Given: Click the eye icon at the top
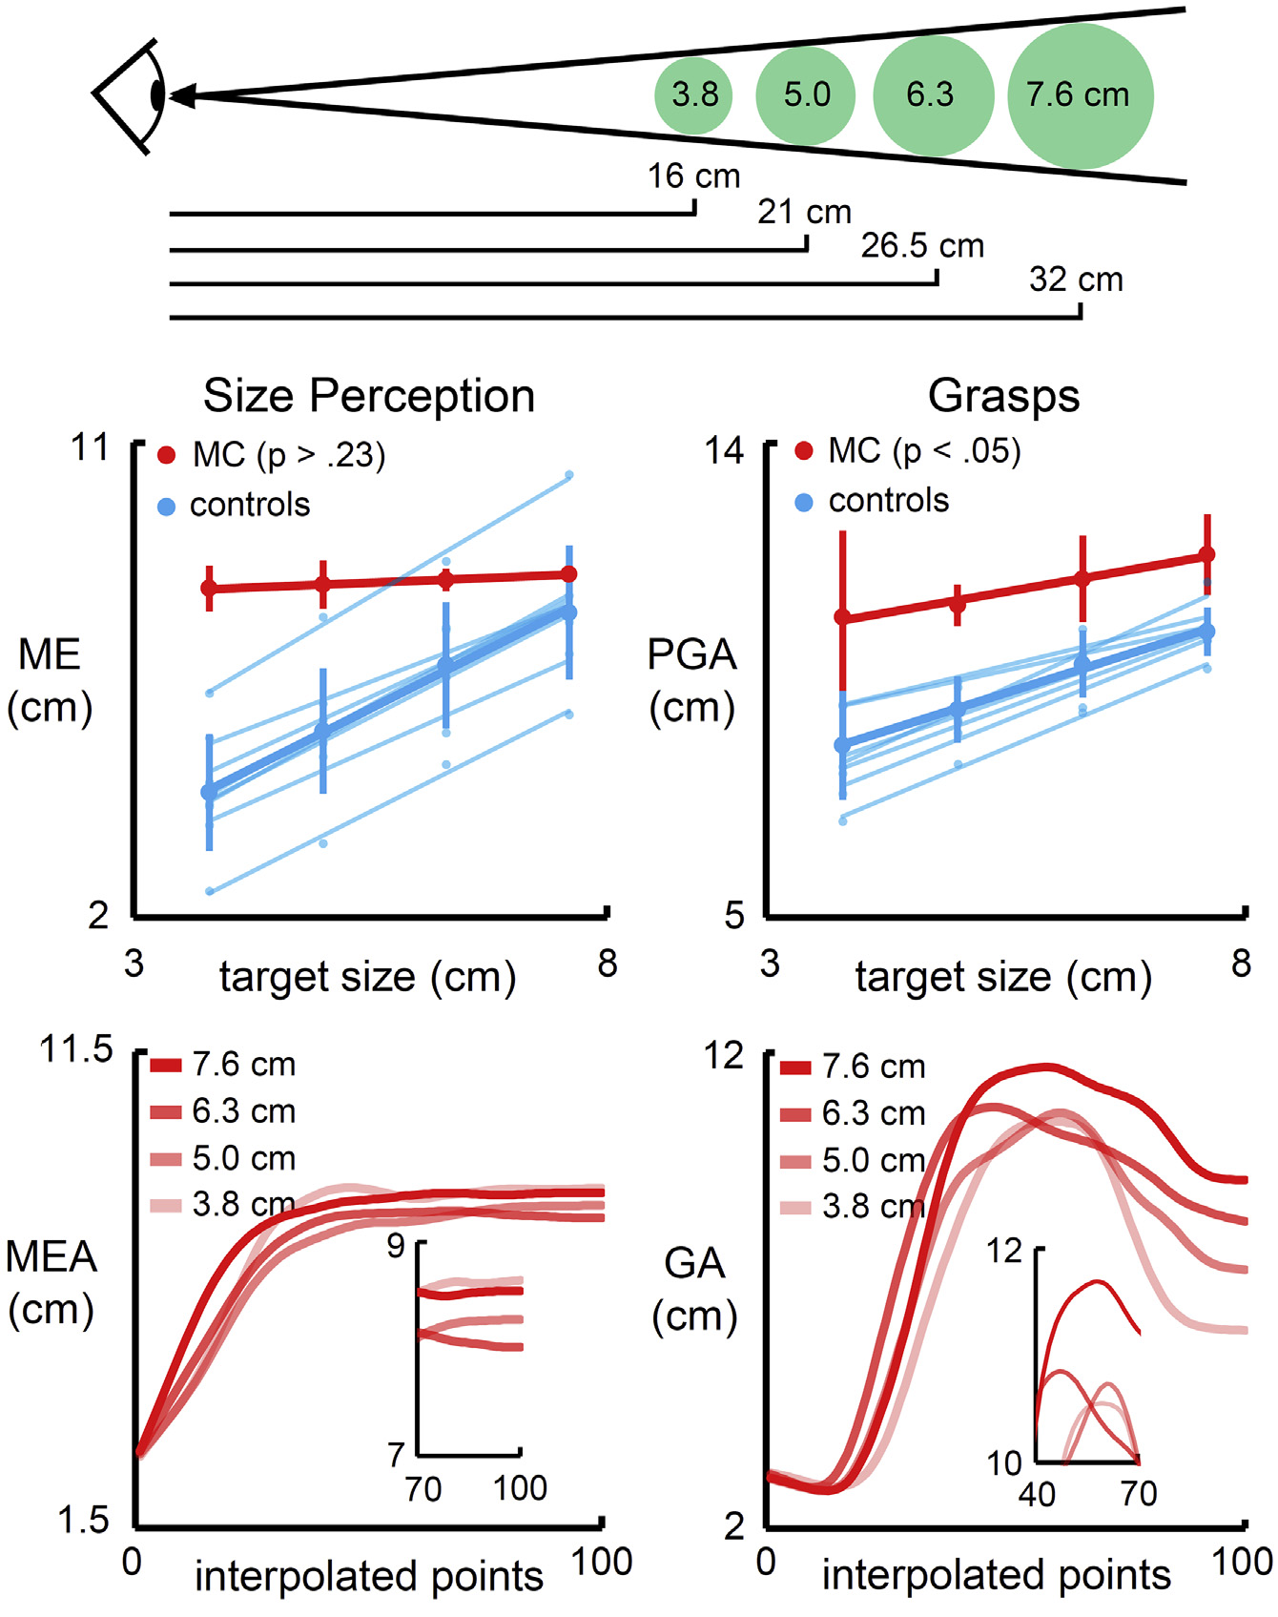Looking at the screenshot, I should (133, 94).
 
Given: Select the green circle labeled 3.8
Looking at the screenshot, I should (693, 95).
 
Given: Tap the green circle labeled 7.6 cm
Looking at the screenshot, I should (1080, 95).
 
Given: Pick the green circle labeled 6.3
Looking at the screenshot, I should (932, 95).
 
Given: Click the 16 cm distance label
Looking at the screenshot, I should (693, 176).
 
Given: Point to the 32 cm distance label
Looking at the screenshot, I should (1076, 280).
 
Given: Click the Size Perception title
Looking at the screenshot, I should (369, 396).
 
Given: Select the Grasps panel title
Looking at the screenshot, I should (1003, 396).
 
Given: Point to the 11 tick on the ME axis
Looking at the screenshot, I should (92, 447).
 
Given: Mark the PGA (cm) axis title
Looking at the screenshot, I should (692, 680).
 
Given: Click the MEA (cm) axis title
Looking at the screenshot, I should (52, 1282).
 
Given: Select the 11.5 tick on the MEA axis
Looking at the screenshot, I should (76, 1049).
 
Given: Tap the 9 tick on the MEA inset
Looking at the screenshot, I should (396, 1246).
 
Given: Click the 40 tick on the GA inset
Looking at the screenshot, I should (1037, 1494).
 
